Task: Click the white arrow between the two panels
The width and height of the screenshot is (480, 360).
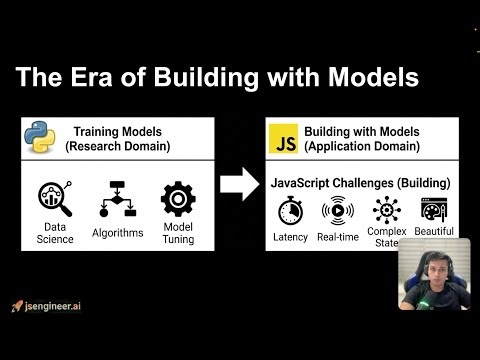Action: [x=239, y=184]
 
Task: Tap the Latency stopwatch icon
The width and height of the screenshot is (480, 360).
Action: [x=290, y=211]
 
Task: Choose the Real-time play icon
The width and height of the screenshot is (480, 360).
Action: [x=337, y=211]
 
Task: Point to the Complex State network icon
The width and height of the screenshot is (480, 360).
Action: [x=385, y=211]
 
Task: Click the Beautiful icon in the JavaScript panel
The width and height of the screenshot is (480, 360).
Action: [x=433, y=211]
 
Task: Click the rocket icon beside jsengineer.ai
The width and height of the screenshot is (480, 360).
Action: [x=17, y=305]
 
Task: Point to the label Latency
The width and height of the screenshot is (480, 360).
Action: [x=290, y=236]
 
